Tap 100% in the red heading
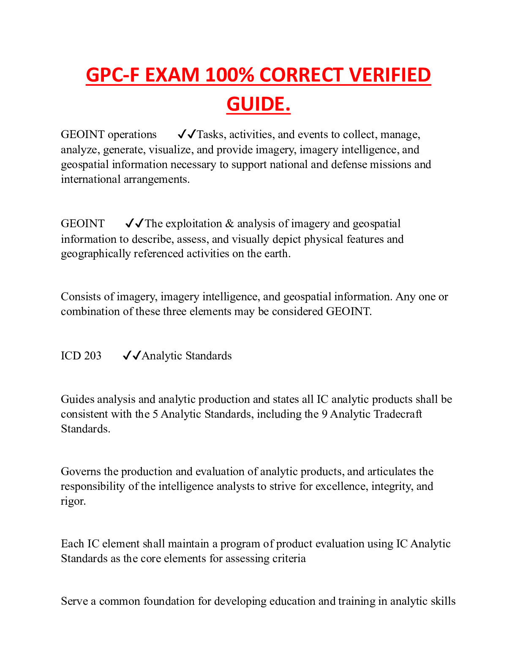point(229,75)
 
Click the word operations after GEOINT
point(132,135)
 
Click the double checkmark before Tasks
point(187,135)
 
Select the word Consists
point(81,297)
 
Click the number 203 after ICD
point(93,356)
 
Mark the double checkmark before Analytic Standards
point(132,356)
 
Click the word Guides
point(78,400)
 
